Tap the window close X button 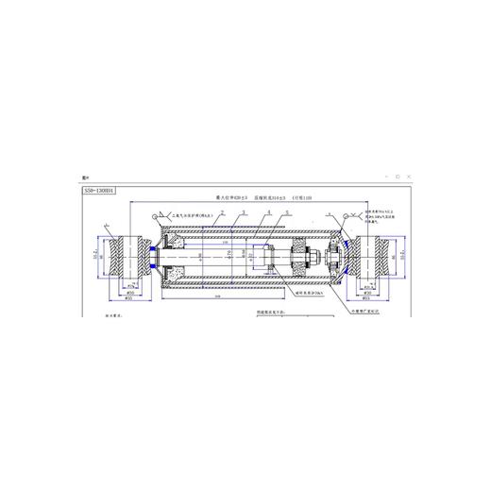(x=411, y=176)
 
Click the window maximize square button (x=398, y=176)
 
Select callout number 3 (x=242, y=214)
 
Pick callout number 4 (x=267, y=214)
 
